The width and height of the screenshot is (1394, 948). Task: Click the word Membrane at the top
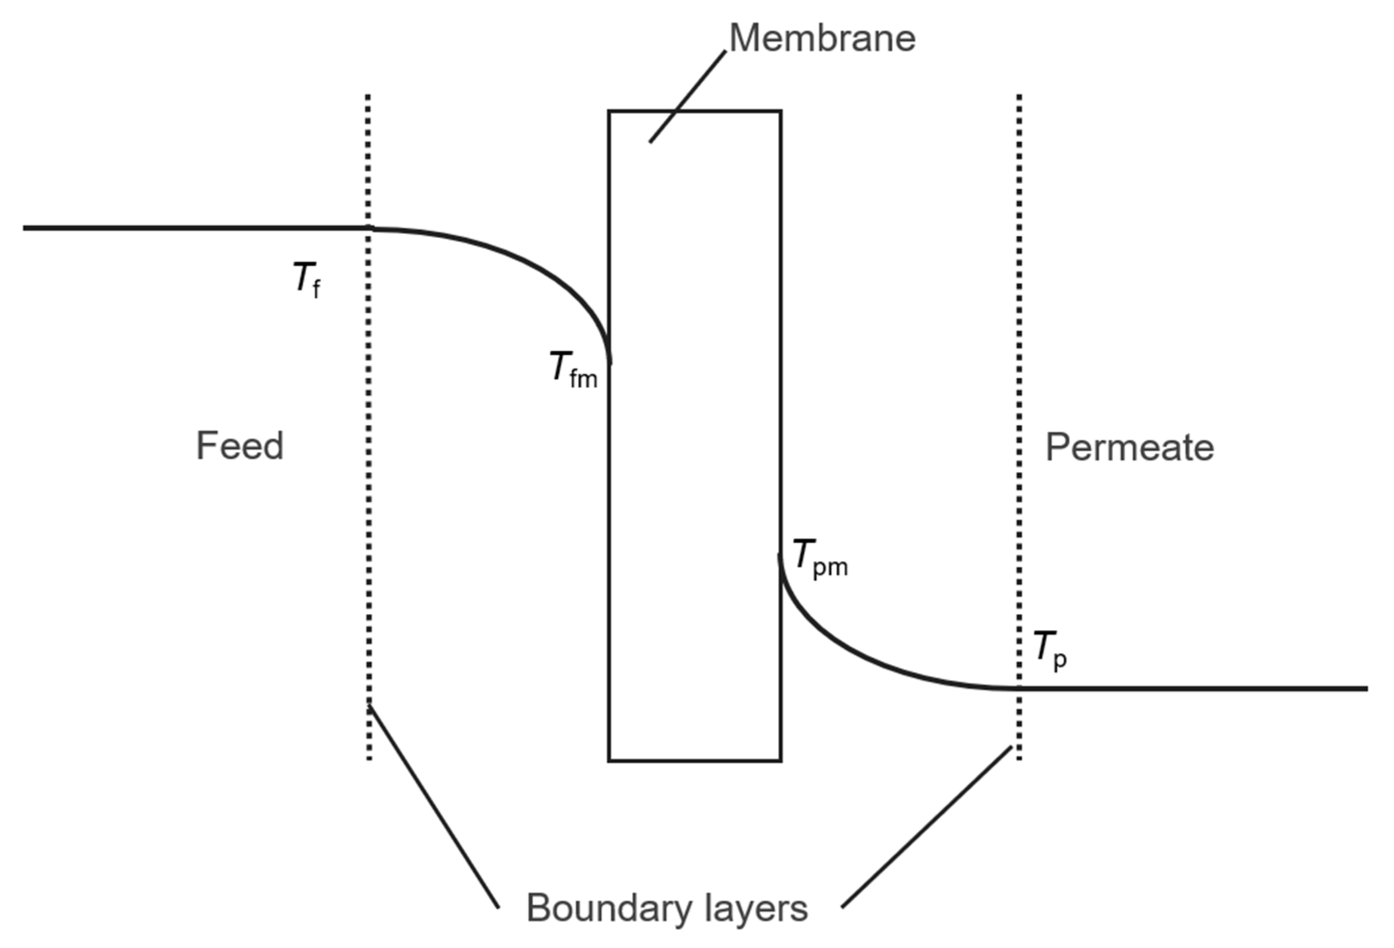tap(822, 39)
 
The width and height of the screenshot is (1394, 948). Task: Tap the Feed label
tap(239, 446)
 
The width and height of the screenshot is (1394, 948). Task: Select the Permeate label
tap(1130, 448)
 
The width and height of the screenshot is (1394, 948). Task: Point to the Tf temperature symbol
tap(306, 279)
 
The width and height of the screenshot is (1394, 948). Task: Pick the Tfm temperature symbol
tap(573, 369)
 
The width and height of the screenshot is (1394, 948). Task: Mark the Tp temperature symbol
tap(1050, 650)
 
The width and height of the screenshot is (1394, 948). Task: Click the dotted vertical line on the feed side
tap(369, 480)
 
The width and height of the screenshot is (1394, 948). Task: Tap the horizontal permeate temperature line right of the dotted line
tap(1200, 688)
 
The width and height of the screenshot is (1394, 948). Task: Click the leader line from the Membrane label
tap(688, 96)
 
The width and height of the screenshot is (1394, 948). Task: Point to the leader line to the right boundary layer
tap(927, 826)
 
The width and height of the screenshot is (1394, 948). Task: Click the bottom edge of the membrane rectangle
tap(694, 761)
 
